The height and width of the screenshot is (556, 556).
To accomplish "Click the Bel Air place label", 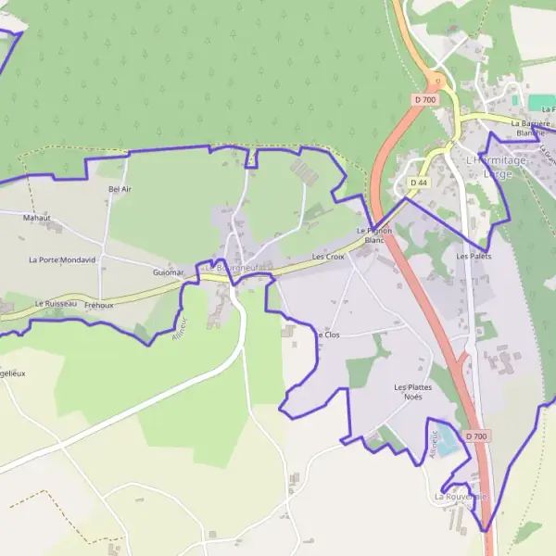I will point(120,189).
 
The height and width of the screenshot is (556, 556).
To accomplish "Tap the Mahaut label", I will point(37,219).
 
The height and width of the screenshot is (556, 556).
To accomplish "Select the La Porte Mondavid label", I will point(62,260).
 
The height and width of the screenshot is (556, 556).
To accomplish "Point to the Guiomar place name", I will point(169,272).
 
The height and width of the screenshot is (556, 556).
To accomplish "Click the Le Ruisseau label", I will point(56,303).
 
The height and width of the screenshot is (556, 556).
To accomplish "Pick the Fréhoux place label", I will point(98,305).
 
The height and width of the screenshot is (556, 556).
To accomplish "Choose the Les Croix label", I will point(328,256).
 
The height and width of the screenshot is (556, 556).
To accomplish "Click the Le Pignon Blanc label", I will point(374,234).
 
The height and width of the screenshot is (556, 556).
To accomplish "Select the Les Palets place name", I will point(473,256).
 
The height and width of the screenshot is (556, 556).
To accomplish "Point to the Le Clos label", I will point(328,335).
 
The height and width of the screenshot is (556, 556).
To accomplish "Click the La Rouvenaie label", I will point(460,497).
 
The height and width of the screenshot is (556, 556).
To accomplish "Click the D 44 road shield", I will point(422,183).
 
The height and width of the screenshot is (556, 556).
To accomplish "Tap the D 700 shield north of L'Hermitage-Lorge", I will point(424,99).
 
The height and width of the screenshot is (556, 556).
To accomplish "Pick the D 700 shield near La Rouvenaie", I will point(476,436).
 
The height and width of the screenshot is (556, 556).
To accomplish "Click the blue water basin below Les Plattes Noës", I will point(447,445).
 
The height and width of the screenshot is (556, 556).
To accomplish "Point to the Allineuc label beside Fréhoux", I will point(180,331).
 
